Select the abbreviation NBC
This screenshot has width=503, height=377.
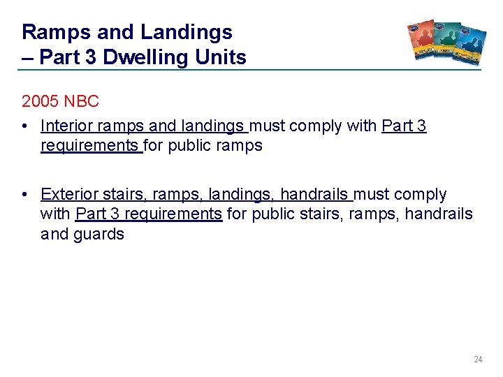click(x=82, y=101)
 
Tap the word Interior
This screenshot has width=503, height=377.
click(x=66, y=126)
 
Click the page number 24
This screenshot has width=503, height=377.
click(x=478, y=360)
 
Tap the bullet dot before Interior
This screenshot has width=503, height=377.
click(x=24, y=127)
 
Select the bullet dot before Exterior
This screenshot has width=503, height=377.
click(x=24, y=195)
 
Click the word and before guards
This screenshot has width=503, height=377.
click(x=54, y=234)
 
